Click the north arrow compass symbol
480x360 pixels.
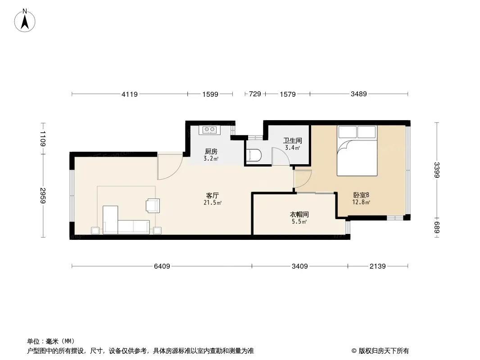click(x=25, y=21)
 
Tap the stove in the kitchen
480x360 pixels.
click(x=209, y=130)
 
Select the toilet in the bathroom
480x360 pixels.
click(x=253, y=155)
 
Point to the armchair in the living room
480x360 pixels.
click(x=153, y=206)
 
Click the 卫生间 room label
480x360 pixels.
click(x=292, y=141)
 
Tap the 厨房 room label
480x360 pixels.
click(x=211, y=151)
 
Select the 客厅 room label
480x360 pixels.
click(x=213, y=195)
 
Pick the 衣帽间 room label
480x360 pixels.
click(x=299, y=214)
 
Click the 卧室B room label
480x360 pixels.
click(x=361, y=195)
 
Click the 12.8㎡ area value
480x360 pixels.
click(x=361, y=202)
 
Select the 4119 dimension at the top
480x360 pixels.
click(x=130, y=94)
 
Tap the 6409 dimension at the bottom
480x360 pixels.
click(x=162, y=266)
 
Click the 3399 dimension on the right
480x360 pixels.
click(x=437, y=170)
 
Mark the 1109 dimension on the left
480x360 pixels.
click(x=43, y=139)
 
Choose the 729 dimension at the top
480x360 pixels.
click(x=255, y=94)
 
